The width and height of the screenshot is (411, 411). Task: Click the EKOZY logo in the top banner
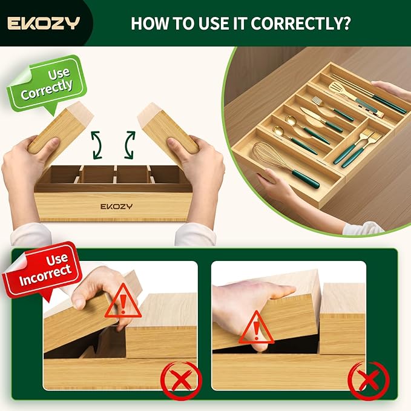[x=44, y=23]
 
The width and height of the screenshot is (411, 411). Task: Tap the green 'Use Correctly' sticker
[x=47, y=84]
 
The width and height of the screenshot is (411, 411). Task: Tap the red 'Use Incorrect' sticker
[x=41, y=270]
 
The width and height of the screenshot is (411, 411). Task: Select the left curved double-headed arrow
[x=96, y=145]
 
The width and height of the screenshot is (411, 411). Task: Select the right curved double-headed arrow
[x=130, y=145]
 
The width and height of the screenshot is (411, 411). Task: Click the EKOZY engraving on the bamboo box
[x=116, y=206]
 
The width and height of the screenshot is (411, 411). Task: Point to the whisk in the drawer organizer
[x=285, y=165]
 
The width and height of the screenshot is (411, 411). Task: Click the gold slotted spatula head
[x=340, y=89]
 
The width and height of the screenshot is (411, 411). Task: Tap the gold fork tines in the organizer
[x=318, y=101]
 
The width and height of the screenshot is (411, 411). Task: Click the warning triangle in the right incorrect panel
[x=257, y=327]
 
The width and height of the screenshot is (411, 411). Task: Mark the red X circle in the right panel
[x=369, y=380]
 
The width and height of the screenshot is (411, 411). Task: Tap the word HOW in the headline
[x=150, y=24]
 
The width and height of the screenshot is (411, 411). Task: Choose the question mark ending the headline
[x=346, y=24]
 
